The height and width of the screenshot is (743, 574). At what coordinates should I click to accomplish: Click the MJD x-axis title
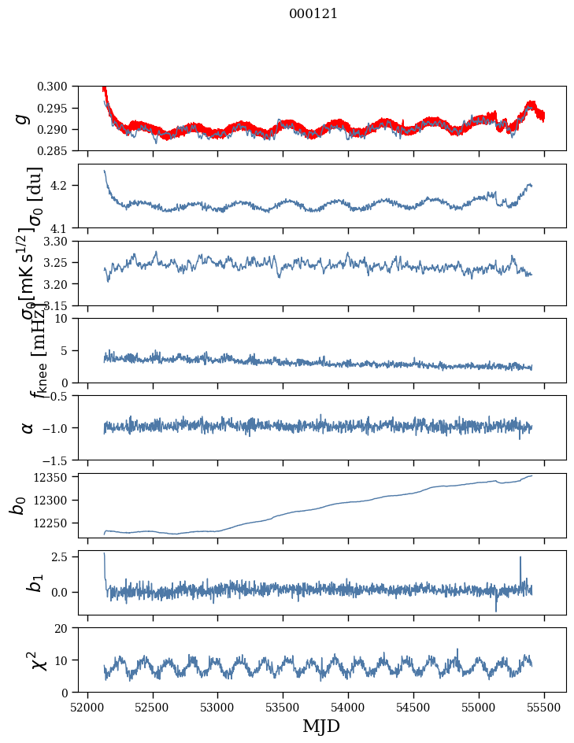click(x=321, y=726)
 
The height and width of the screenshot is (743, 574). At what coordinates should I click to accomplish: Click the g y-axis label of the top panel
click(x=23, y=119)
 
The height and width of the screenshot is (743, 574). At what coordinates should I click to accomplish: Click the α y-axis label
click(x=28, y=427)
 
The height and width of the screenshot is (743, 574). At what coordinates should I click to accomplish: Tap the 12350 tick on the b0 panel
click(x=57, y=477)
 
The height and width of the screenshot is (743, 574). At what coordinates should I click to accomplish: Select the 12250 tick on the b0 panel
click(x=57, y=523)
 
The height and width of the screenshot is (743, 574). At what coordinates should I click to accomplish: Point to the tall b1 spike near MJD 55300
click(x=520, y=559)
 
